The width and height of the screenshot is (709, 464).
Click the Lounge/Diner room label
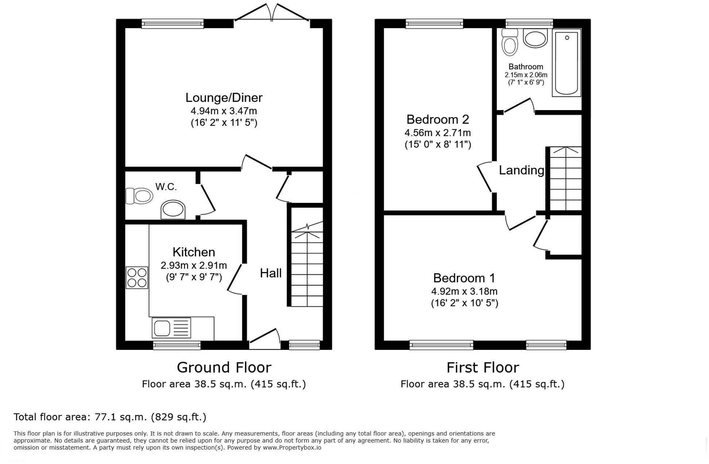tap(224, 98)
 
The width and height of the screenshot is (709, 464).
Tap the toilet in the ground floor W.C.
tap(139, 196)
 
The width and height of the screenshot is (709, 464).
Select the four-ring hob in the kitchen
tap(137, 278)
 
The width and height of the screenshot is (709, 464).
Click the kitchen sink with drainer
tap(171, 328)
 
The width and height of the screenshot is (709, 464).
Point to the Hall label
tap(271, 273)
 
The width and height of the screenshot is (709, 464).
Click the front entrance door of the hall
tap(265, 339)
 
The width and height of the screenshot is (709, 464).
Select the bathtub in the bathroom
tap(566, 63)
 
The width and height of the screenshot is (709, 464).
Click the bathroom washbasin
tap(535, 38)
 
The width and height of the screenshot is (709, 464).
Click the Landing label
tap(521, 170)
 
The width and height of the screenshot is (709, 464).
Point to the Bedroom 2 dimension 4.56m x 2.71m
tap(437, 133)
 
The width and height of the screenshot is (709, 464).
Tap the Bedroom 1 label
tap(464, 278)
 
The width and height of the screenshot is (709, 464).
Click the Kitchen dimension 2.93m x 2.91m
tap(194, 266)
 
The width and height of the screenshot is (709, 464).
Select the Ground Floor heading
tap(224, 367)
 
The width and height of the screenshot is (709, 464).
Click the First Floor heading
tap(483, 367)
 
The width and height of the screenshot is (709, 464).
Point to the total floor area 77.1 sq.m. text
tap(110, 417)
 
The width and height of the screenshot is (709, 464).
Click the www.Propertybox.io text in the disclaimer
tap(292, 448)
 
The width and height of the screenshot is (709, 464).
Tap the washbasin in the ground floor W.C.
tap(173, 209)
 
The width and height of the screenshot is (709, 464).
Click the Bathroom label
tap(526, 67)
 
